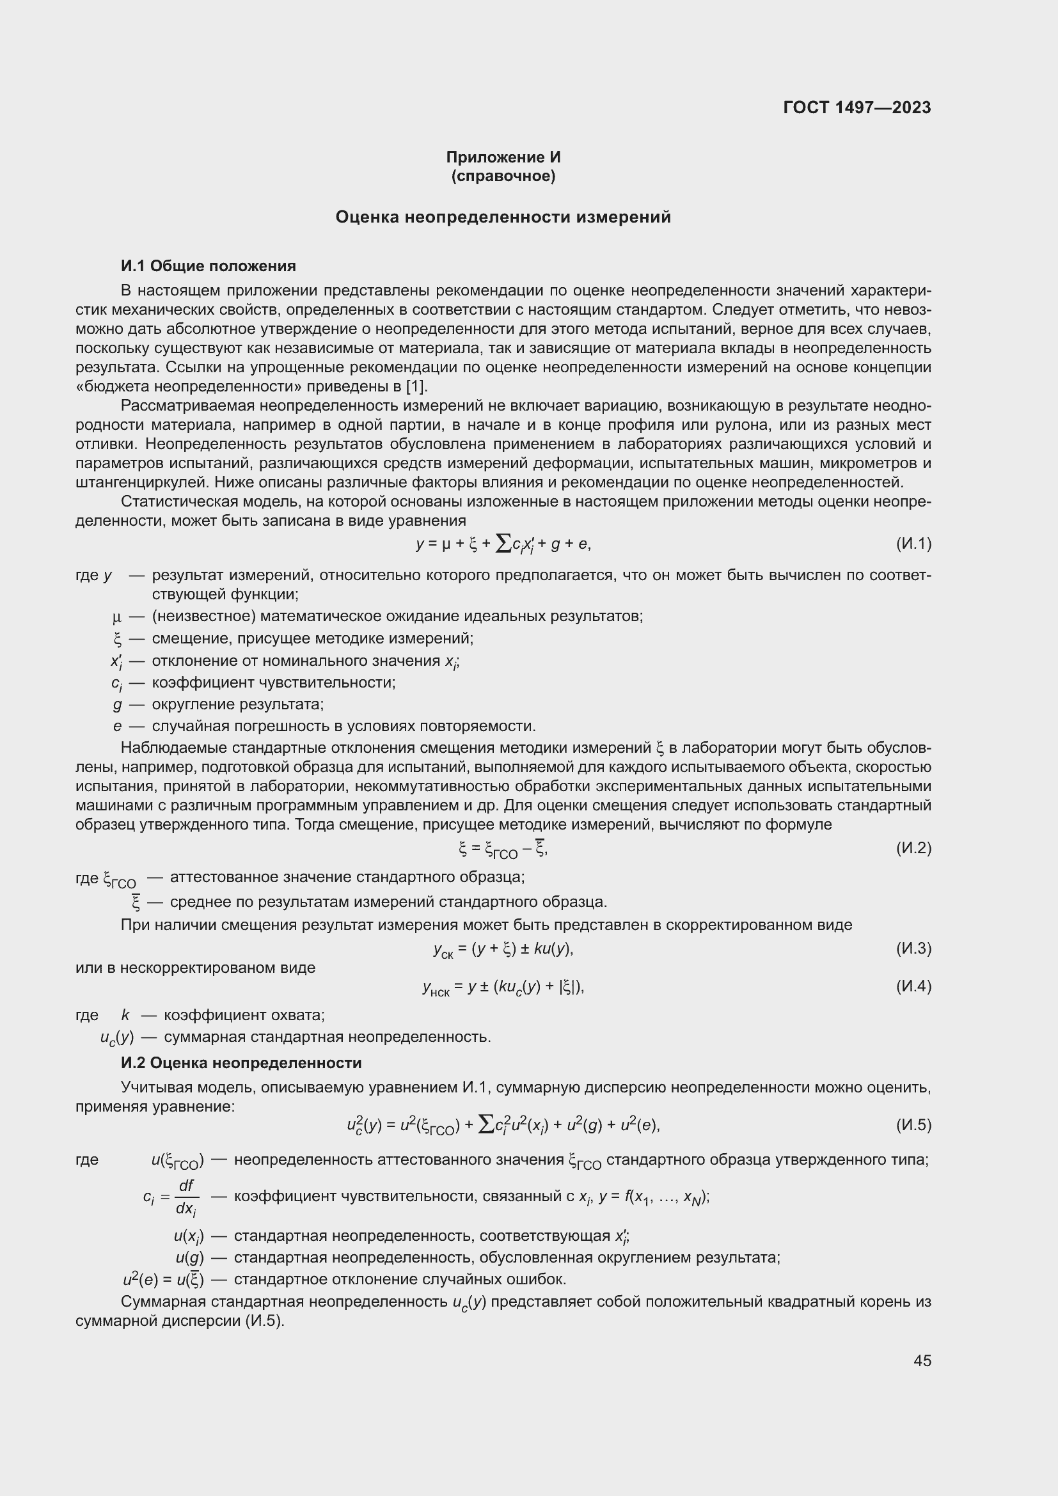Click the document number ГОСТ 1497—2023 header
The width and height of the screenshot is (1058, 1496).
point(857,107)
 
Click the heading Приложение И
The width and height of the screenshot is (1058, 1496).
point(503,157)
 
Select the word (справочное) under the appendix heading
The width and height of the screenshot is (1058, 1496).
point(503,176)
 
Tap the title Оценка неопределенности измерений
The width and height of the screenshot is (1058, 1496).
point(503,217)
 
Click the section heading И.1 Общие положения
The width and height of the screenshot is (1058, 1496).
point(209,266)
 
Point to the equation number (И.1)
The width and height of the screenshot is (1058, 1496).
point(913,544)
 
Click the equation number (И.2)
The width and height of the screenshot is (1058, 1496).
point(913,847)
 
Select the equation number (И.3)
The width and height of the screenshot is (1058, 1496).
point(913,948)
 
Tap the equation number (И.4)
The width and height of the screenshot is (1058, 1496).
point(913,986)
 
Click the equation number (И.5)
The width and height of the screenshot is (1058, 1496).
point(913,1125)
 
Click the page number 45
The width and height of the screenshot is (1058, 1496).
point(922,1360)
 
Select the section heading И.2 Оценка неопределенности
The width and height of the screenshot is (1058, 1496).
point(241,1063)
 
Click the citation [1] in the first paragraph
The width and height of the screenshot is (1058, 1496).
point(416,386)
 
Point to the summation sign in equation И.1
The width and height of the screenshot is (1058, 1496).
point(503,543)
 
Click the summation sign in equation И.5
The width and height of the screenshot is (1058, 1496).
point(486,1124)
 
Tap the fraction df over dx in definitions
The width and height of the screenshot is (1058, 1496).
point(186,1196)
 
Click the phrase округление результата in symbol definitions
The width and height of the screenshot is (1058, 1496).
point(238,704)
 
